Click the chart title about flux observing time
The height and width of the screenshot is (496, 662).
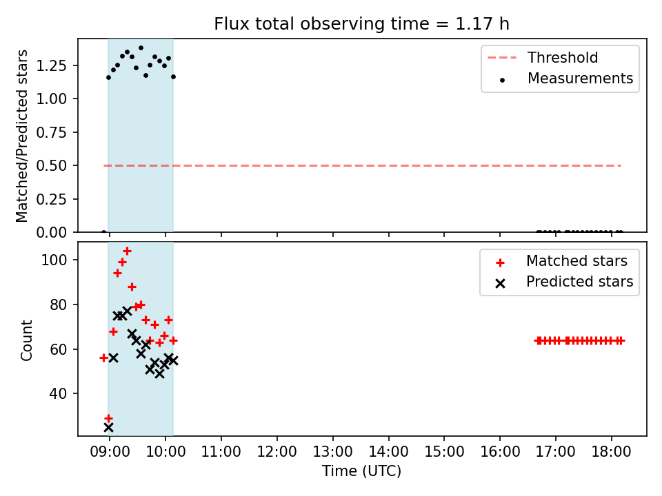tap(361, 24)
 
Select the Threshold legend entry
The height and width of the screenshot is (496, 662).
tap(543, 57)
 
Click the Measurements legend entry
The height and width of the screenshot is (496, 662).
tap(565, 79)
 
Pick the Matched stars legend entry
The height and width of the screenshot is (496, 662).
tap(561, 261)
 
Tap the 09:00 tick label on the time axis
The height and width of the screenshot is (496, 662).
tap(110, 452)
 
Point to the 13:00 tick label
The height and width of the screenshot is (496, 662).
tap(332, 452)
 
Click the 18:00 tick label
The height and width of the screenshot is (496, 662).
tap(612, 452)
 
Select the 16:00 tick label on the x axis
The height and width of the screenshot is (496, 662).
tap(500, 452)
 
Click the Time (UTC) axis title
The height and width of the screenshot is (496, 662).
tap(361, 471)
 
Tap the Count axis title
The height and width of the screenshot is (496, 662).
tap(27, 340)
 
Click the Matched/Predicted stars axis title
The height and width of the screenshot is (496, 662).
tap(21, 136)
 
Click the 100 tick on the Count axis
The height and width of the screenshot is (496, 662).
tap(54, 260)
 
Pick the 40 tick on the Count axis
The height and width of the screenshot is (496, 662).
tap(58, 393)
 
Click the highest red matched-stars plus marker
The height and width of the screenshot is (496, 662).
tap(127, 251)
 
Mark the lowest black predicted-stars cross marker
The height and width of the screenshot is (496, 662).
tap(108, 428)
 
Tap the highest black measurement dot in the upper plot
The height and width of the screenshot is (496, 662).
tap(141, 48)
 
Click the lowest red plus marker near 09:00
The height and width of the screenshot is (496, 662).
tap(108, 418)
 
